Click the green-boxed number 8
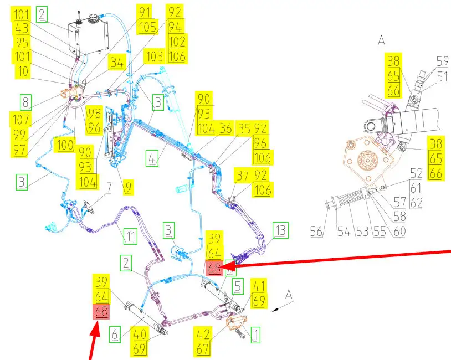tap(26, 102)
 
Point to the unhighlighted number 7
tap(109, 187)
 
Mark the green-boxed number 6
tap(114, 333)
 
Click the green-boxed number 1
tap(255, 334)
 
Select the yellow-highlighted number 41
tap(259, 287)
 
